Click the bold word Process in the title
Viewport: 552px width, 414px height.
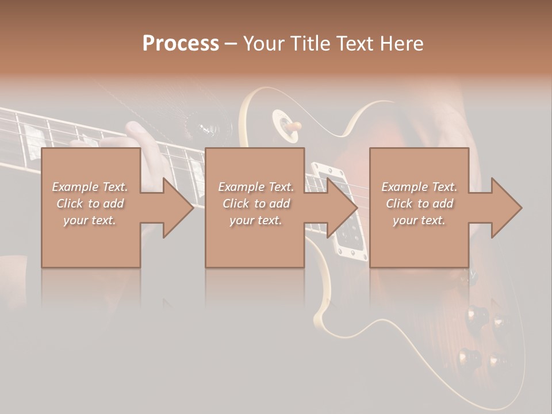[x=181, y=44]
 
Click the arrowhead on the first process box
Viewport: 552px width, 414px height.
[x=178, y=208]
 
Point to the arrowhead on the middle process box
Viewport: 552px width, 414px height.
[x=343, y=208]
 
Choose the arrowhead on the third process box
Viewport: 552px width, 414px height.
[x=507, y=208]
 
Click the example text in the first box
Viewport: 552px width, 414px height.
[x=90, y=204]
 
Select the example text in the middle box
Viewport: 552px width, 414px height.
[x=256, y=204]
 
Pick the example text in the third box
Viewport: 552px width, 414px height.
[x=419, y=204]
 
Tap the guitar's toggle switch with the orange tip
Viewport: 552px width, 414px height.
[x=296, y=125]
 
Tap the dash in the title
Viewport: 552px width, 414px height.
[x=231, y=44]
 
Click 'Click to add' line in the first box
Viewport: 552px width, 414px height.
[x=90, y=204]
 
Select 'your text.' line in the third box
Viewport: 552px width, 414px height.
[x=419, y=220]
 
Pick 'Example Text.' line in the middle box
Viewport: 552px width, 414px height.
[x=256, y=187]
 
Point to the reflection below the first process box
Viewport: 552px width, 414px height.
[x=91, y=287]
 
